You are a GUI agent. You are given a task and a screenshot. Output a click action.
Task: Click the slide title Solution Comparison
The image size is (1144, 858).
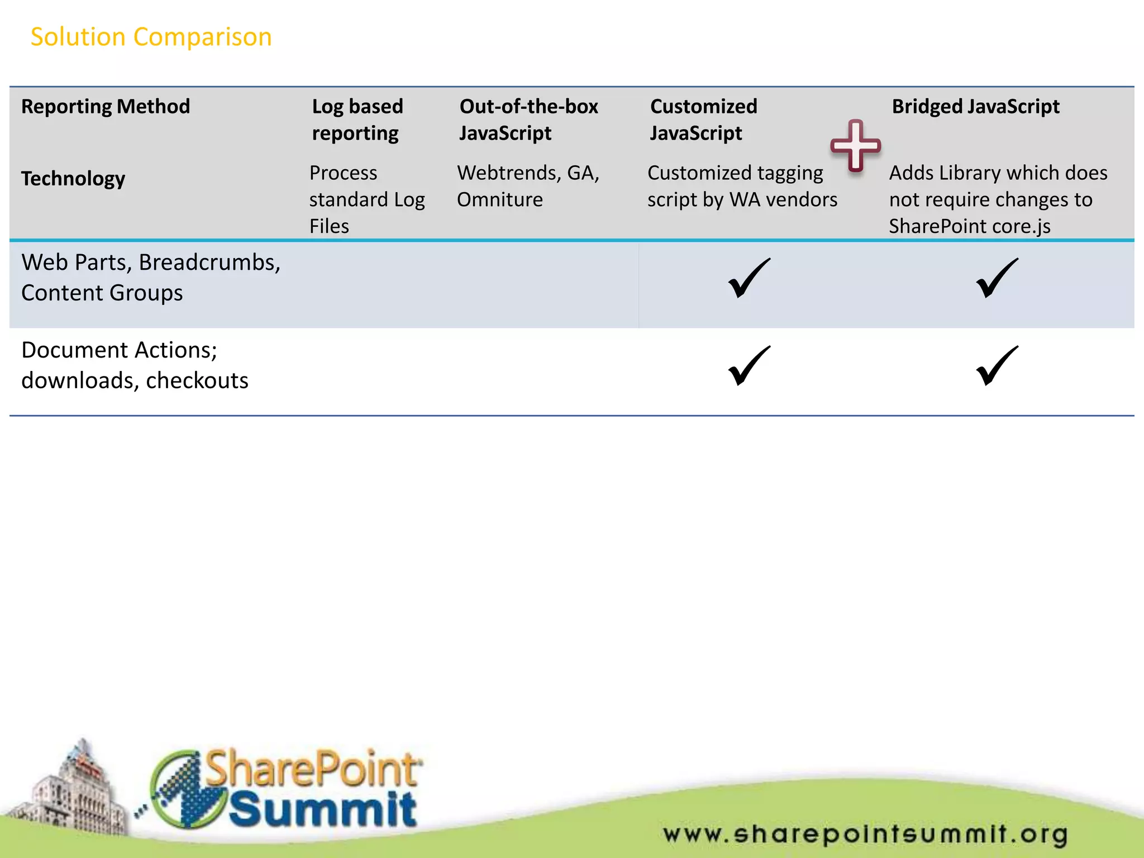coord(151,37)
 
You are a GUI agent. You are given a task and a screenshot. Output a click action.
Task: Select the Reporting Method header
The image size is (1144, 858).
coord(106,106)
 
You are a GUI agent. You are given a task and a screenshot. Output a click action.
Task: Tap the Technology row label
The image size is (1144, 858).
coord(73,178)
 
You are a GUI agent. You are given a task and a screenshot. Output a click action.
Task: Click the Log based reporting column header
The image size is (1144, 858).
coord(357,120)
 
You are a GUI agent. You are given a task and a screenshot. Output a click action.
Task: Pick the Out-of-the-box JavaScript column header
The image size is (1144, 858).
coord(528,120)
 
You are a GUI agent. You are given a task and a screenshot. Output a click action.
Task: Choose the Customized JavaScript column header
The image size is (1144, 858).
coord(703,120)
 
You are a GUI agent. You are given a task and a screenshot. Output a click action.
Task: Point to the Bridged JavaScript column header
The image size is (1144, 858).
coord(975,106)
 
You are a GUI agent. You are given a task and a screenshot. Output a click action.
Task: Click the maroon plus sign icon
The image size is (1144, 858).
coord(855,146)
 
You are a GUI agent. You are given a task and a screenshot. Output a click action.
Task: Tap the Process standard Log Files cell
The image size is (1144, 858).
coord(367,199)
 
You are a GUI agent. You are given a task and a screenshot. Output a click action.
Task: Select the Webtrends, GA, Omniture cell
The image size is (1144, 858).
coord(528,186)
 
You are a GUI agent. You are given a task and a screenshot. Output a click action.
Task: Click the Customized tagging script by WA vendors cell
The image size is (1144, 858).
coord(742,186)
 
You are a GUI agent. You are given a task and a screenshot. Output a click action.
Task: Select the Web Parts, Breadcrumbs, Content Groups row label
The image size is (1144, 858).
coord(151,277)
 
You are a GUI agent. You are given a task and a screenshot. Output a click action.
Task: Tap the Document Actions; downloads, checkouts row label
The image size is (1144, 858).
coord(135,365)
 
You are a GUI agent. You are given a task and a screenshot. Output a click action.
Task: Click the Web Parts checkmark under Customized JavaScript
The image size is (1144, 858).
coord(749,278)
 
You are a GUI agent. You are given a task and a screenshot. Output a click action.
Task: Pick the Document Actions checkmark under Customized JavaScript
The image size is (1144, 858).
coord(749,366)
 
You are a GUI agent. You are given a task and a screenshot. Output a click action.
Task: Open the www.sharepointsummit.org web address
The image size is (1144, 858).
coord(865,834)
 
